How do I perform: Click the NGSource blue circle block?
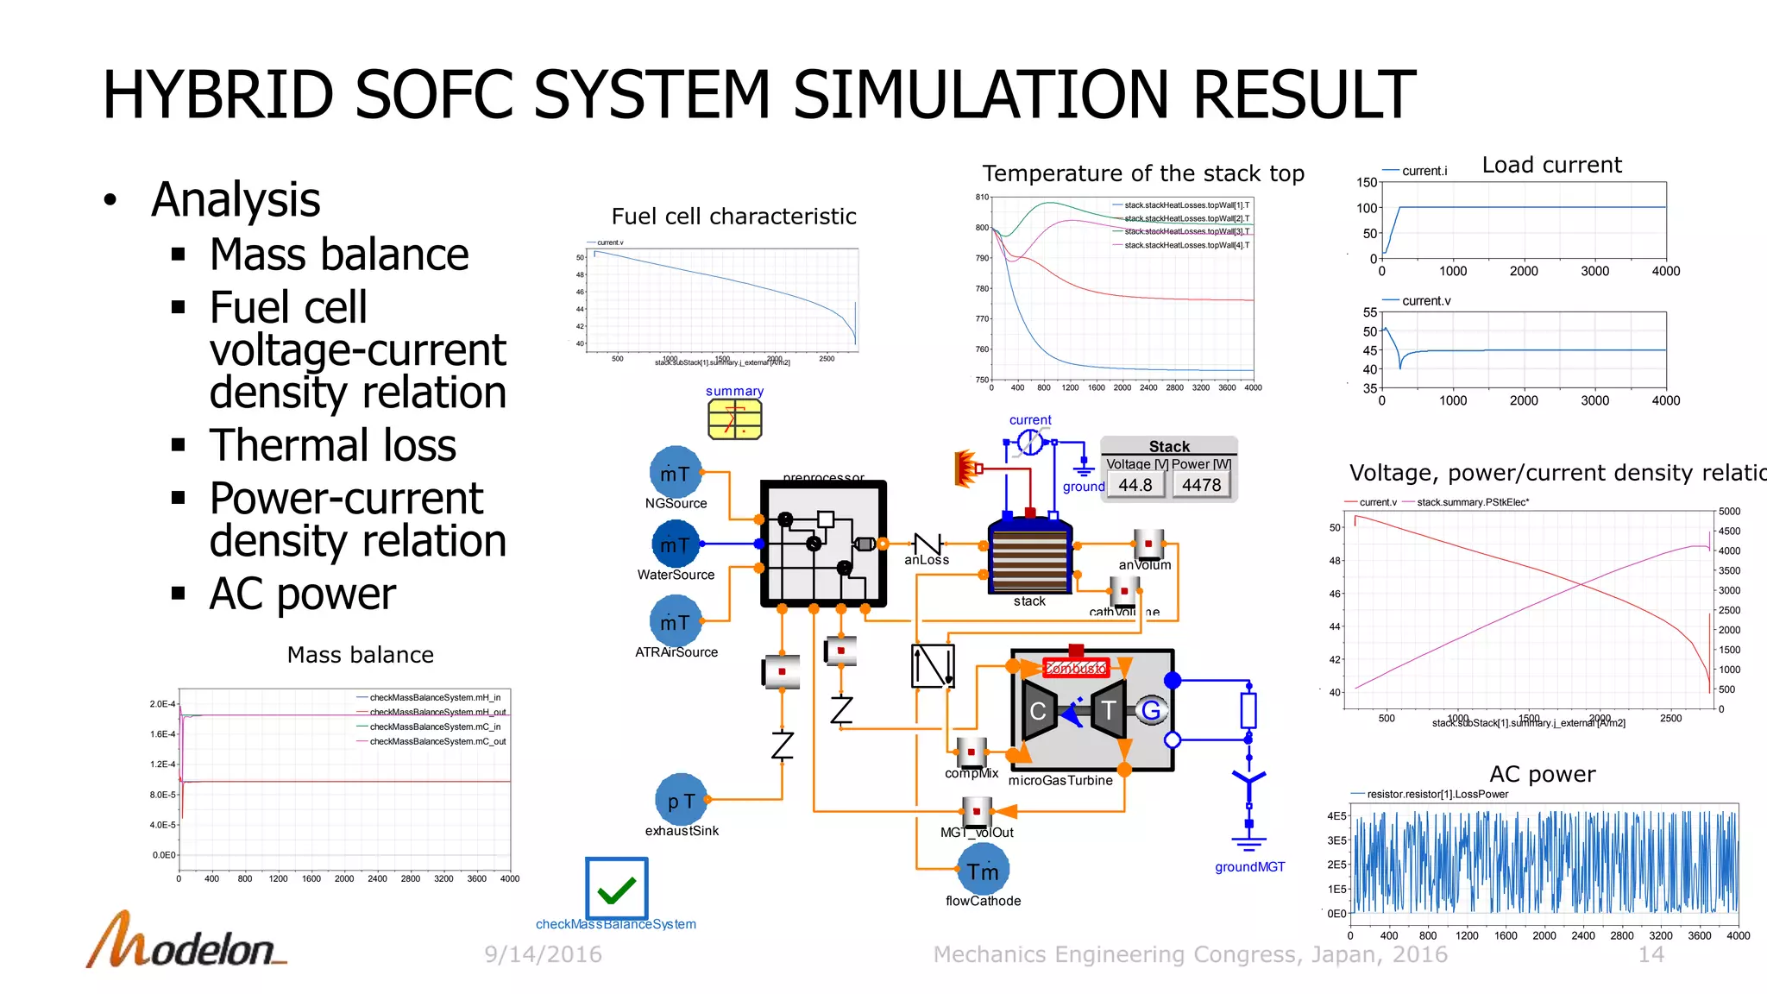675,473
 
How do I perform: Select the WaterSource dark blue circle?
676,544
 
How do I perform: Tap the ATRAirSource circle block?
675,622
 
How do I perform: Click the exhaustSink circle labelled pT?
681,801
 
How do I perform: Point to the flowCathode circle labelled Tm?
983,871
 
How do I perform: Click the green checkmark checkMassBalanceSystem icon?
616,889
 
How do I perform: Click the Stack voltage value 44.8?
1135,485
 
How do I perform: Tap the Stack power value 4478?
1201,485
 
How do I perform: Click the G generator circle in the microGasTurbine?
1151,710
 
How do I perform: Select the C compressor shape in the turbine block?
1039,710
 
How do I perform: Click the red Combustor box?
1075,668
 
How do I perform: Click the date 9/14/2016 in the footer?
543,954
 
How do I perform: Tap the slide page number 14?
1651,954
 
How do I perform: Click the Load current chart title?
1551,165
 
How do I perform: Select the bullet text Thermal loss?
332,445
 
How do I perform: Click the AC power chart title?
1542,774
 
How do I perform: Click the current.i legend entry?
1424,171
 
